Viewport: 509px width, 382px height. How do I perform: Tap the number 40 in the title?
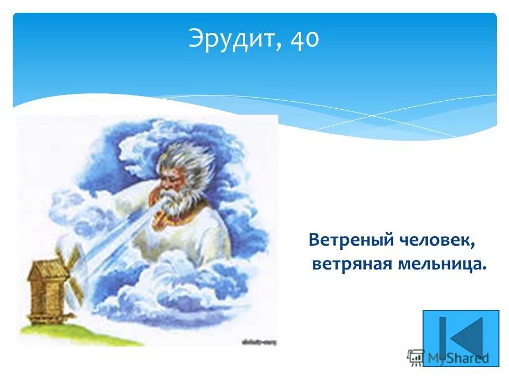click(x=304, y=40)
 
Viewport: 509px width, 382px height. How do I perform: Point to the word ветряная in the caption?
click(x=350, y=264)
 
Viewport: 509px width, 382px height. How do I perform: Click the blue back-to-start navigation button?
click(x=460, y=337)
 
